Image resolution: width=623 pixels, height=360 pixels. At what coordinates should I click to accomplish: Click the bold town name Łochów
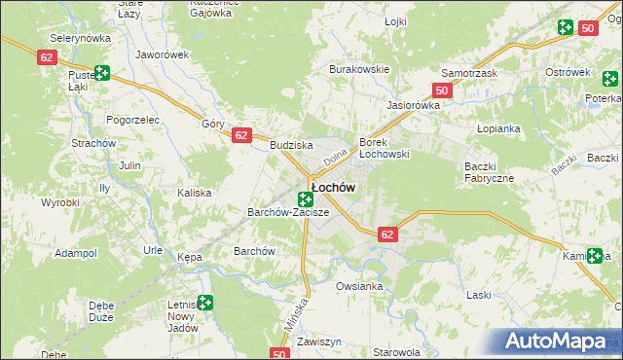[x=332, y=186]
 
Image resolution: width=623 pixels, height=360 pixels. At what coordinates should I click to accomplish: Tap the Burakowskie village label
[x=359, y=69]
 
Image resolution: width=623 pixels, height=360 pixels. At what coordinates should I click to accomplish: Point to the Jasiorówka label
[x=414, y=104]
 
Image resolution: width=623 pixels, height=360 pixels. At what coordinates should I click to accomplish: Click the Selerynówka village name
[x=81, y=36]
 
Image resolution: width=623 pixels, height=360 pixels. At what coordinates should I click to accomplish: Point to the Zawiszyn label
[x=318, y=342]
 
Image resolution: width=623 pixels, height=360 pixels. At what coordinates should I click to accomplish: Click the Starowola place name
[x=398, y=352]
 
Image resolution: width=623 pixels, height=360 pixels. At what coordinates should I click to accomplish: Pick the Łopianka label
[x=499, y=128]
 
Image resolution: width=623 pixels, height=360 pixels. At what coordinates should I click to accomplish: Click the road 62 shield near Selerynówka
[x=48, y=58]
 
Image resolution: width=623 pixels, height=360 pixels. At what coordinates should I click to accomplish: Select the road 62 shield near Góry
[x=242, y=136]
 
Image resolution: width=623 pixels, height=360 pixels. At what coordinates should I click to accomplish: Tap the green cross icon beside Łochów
[x=305, y=198]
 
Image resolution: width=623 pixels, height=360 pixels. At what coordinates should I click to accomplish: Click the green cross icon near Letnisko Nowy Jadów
[x=204, y=304]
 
